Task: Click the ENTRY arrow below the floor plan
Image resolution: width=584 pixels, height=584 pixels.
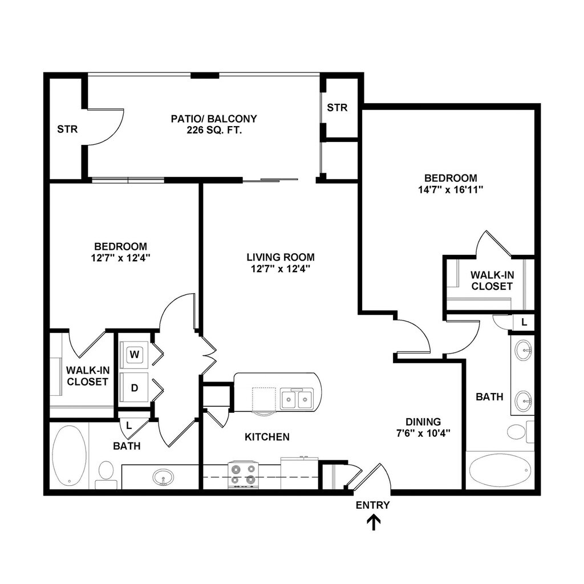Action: [x=374, y=522]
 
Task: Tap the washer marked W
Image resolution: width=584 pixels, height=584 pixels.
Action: [x=135, y=354]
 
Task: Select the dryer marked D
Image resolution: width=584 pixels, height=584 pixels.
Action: [x=135, y=388]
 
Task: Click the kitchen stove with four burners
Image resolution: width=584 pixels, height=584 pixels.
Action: [x=243, y=475]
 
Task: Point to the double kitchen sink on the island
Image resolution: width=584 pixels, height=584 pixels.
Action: [x=297, y=399]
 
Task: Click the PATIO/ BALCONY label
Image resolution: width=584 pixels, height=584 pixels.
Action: [x=214, y=119]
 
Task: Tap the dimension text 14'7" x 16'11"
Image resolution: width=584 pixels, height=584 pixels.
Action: [x=451, y=189]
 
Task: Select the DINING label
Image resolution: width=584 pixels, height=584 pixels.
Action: [x=424, y=421]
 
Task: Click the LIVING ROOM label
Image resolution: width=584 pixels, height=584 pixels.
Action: [x=280, y=257]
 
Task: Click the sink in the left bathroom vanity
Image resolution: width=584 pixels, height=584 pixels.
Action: [x=164, y=476]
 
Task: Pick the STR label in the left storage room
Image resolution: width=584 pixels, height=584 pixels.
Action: [x=67, y=129]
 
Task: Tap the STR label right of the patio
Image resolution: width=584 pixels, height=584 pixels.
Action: [x=337, y=107]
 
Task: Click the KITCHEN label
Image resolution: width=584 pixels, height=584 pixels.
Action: [x=267, y=437]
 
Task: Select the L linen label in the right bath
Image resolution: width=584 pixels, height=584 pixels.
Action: [x=524, y=323]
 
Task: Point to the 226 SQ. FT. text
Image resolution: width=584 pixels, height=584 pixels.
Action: [x=214, y=131]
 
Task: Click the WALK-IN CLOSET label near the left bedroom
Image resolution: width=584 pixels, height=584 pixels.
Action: [x=87, y=376]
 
